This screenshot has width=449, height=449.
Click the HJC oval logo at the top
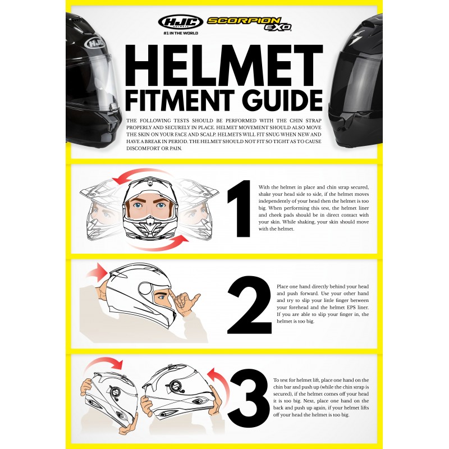point(180,22)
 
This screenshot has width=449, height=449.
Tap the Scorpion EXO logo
point(249,24)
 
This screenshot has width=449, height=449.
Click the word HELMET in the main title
point(224,65)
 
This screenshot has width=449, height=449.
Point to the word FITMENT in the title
point(180,100)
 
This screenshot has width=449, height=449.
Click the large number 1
point(240,208)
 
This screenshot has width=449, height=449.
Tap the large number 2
point(249,305)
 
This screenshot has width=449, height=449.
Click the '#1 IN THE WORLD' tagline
point(181,33)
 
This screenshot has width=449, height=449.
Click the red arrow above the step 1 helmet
point(140,174)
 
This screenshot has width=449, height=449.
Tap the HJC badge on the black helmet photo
point(95,43)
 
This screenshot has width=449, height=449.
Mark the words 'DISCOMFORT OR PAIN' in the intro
point(154,148)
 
